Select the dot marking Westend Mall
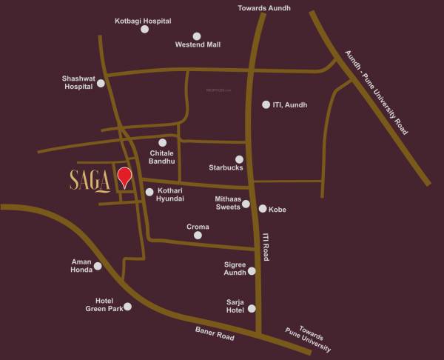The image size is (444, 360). [x=197, y=36]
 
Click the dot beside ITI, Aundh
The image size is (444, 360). [x=266, y=104]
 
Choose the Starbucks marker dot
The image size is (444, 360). [x=239, y=159]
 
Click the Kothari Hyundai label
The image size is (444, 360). [x=170, y=195]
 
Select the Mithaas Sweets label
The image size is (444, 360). [x=227, y=204]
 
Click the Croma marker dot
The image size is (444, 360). [x=197, y=236]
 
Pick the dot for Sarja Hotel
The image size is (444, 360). [x=252, y=308]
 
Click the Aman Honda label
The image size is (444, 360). [x=81, y=266]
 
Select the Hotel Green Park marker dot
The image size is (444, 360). [x=127, y=306]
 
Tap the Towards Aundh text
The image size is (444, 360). [x=264, y=8]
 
